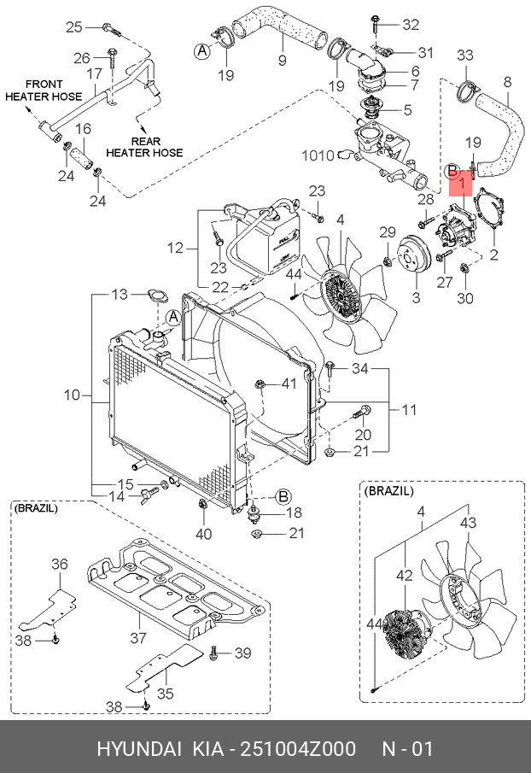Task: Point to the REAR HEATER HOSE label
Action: (x=144, y=146)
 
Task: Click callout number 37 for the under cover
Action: (x=137, y=637)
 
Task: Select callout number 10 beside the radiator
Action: (x=71, y=395)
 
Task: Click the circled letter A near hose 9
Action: (x=202, y=51)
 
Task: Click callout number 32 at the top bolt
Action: (x=410, y=23)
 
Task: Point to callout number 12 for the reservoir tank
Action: (x=174, y=249)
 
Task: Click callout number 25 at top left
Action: (x=74, y=27)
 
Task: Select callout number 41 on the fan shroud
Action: (x=289, y=384)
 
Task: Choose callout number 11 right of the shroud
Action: (x=409, y=410)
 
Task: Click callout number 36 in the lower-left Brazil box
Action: (x=59, y=563)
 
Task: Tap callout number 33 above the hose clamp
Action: (x=464, y=56)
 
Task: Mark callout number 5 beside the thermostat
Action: (x=407, y=109)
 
